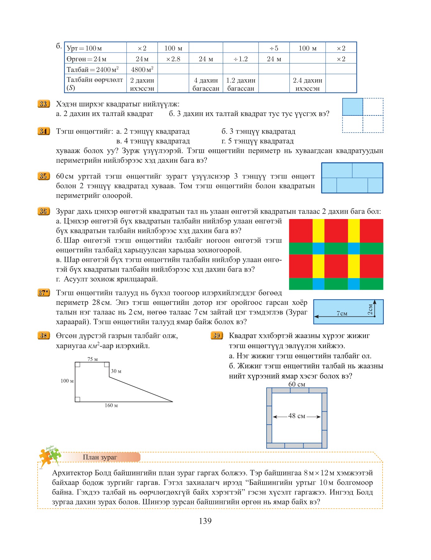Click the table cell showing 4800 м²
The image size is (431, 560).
point(142,69)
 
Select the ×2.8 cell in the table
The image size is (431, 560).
point(173,59)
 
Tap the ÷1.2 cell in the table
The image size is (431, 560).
point(241,59)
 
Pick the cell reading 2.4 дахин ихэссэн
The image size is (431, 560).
point(307,84)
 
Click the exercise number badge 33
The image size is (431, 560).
point(43,104)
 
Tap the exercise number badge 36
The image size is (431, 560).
point(43,211)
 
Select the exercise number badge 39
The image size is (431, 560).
point(217,335)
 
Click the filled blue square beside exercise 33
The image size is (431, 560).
point(352,107)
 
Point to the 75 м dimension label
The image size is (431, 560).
point(93,359)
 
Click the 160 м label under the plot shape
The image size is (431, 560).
point(111,405)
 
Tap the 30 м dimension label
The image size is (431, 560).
point(116,371)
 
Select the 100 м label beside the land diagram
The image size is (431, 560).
point(67,381)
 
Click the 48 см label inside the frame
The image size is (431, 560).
point(297,416)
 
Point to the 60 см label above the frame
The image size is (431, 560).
point(297,384)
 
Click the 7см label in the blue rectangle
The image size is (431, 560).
point(342,313)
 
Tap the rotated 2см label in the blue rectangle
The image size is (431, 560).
point(370,309)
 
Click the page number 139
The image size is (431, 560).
point(205,521)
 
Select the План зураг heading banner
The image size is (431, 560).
point(100,457)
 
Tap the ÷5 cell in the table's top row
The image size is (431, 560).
point(274,48)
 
